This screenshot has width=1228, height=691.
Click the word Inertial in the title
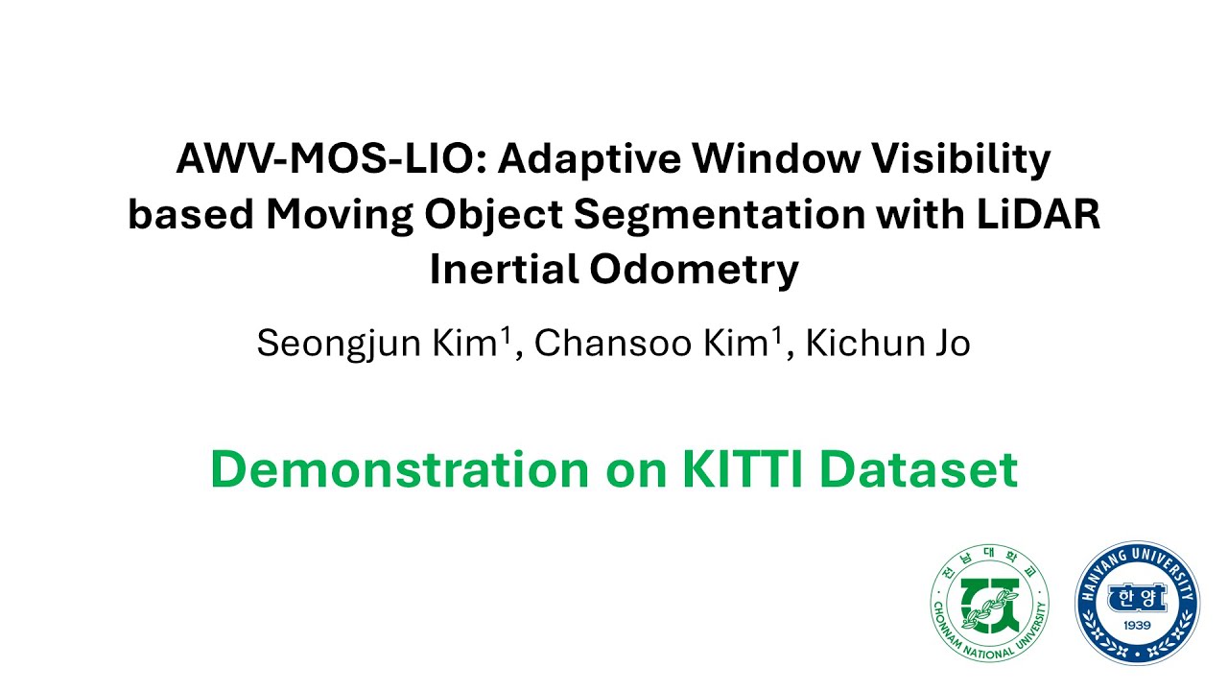[x=504, y=271]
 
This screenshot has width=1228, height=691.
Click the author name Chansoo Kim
[x=655, y=344]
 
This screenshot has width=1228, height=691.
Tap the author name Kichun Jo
[x=887, y=344]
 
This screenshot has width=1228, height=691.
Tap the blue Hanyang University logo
[x=1137, y=603]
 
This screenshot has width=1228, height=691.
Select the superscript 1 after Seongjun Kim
[x=504, y=337]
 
